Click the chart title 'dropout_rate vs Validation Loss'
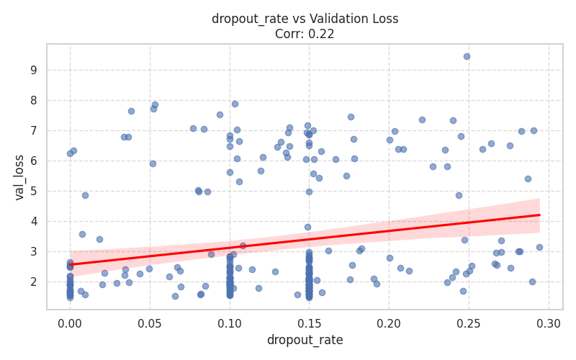tap(305, 19)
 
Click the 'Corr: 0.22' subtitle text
tap(305, 33)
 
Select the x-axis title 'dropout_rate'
tap(305, 340)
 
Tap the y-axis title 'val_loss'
tap(19, 177)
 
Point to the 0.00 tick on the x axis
tap(70, 323)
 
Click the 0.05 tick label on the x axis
tap(150, 323)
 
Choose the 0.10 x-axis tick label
tap(230, 323)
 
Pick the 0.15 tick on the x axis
tap(310, 323)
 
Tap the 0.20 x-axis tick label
tap(389, 323)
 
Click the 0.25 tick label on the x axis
tap(469, 323)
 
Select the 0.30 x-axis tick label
tap(549, 323)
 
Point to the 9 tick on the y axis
tap(33, 71)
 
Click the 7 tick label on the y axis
tap(33, 131)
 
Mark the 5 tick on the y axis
tap(33, 192)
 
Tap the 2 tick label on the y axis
tap(33, 282)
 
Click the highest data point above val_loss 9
tap(467, 56)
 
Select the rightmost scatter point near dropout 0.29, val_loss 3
tap(539, 247)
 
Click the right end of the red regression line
tap(539, 215)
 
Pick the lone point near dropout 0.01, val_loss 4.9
tap(85, 195)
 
